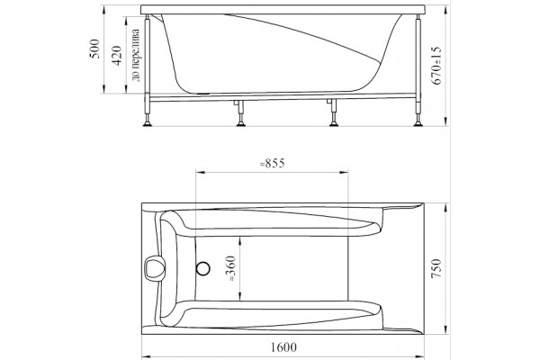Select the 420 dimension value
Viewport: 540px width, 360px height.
pos(117,56)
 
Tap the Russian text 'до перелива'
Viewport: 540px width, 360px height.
pos(136,55)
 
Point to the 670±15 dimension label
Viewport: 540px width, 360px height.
pos(436,66)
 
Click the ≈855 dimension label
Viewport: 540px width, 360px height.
pos(272,163)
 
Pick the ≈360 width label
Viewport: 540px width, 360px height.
pos(231,268)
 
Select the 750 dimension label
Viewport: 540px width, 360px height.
pos(436,268)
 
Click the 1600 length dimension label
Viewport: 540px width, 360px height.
pos(283,347)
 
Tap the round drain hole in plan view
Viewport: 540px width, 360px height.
pos(202,268)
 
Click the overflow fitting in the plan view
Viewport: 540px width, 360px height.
pos(153,268)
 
